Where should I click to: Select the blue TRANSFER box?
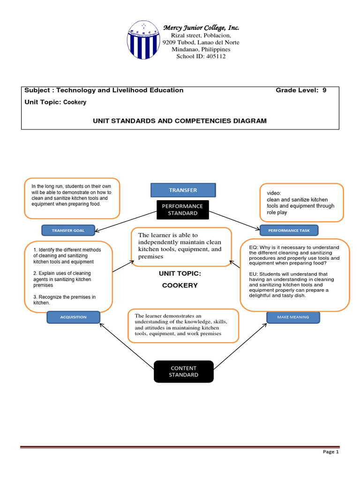point(183,190)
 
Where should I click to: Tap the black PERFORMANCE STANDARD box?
point(182,210)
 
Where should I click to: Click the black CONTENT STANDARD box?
point(183,371)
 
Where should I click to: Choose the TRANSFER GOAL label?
point(68,230)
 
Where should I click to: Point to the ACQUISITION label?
point(73,317)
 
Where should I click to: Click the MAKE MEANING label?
point(293,317)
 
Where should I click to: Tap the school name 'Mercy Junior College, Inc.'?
point(201,28)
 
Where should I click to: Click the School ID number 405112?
point(215,56)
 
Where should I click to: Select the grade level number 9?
point(324,90)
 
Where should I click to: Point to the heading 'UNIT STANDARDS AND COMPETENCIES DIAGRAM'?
point(180,121)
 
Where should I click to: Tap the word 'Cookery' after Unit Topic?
point(75,102)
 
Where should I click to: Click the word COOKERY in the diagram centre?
point(180,285)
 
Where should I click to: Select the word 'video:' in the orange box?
point(274,193)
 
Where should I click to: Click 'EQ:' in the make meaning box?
point(254,247)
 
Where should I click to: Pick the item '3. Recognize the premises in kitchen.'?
point(64,300)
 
